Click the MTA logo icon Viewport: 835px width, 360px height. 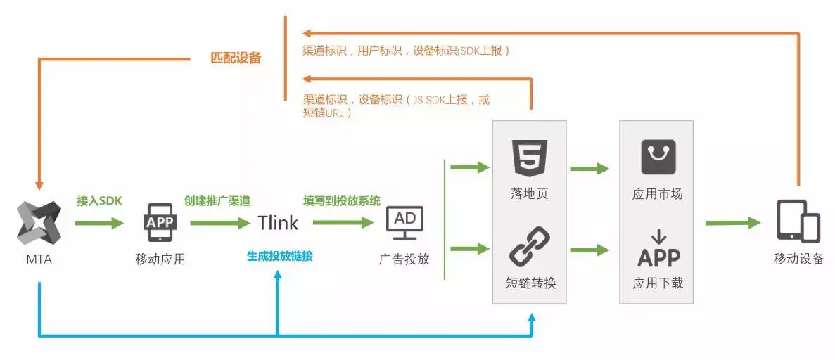pos(39,223)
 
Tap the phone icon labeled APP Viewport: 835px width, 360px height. pos(160,222)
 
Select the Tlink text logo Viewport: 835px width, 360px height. pos(277,223)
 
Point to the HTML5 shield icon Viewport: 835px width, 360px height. pos(530,158)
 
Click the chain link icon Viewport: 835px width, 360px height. pos(530,246)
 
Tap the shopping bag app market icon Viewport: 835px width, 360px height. pos(658,157)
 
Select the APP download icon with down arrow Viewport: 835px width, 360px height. pos(658,250)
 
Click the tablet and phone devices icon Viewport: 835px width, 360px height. pos(798,221)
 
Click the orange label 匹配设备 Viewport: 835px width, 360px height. pos(236,58)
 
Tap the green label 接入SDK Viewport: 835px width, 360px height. pos(99,200)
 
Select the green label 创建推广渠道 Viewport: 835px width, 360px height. pos(217,200)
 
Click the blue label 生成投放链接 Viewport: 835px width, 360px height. pos(279,256)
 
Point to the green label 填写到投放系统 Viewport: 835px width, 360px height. pos(342,200)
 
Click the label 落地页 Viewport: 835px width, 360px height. pos(530,193)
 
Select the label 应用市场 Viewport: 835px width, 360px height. pos(657,193)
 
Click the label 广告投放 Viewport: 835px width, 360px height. pos(404,258)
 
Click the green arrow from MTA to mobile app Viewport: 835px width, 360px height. pos(98,223)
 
